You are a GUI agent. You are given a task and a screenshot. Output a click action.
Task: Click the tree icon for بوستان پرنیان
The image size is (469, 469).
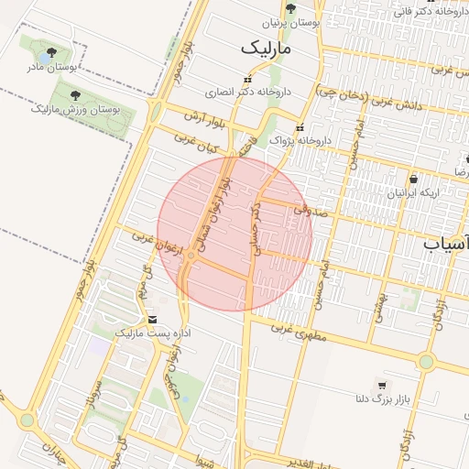(x=291, y=8)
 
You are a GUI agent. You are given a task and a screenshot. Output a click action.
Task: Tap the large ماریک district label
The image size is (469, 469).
(x=266, y=46)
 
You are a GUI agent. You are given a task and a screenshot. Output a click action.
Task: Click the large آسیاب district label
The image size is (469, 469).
(x=446, y=244)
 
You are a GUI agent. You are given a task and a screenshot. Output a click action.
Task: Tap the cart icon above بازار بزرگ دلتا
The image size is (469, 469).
(x=381, y=385)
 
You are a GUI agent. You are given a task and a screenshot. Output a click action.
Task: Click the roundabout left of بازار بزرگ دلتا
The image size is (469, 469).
(x=426, y=361)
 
